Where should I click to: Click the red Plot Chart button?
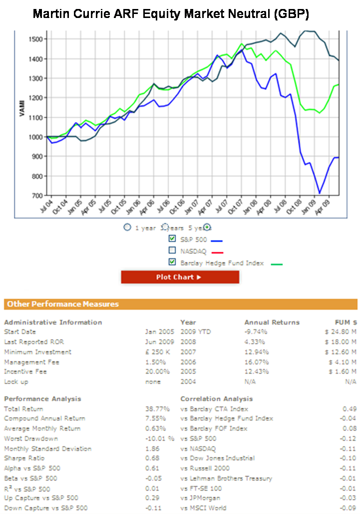pyautogui.click(x=180, y=277)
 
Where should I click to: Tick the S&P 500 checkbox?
pyautogui.click(x=172, y=238)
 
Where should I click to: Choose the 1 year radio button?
pyautogui.click(x=127, y=227)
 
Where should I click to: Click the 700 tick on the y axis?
pyautogui.click(x=39, y=195)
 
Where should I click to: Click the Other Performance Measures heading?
pyautogui.click(x=63, y=304)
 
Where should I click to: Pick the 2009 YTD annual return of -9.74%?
pyautogui.click(x=255, y=332)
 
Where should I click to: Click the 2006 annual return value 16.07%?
pyautogui.click(x=255, y=362)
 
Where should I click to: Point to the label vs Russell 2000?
pyautogui.click(x=204, y=468)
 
